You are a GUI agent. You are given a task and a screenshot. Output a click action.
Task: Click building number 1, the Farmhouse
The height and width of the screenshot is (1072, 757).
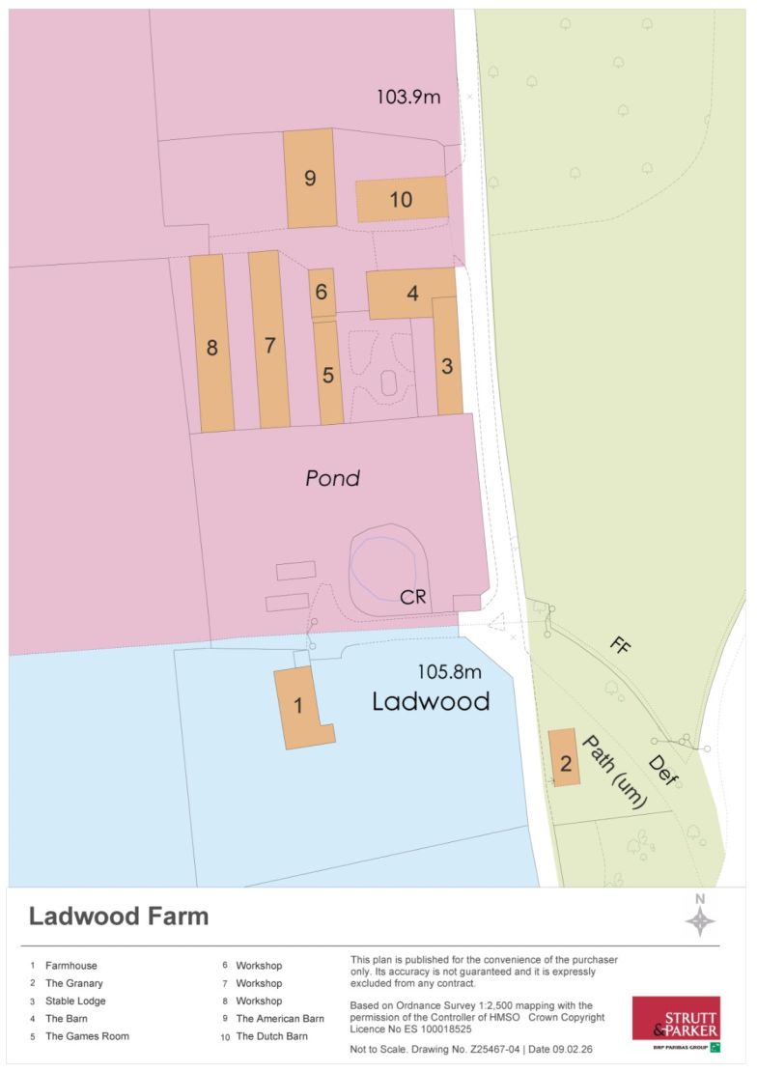pyautogui.click(x=299, y=707)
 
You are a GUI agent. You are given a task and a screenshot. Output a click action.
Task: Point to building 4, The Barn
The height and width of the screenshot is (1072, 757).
pyautogui.click(x=411, y=293)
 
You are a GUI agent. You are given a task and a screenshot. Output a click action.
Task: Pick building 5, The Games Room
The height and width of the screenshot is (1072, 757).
pyautogui.click(x=328, y=374)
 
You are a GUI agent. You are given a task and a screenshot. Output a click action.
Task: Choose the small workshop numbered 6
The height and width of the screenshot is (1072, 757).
pyautogui.click(x=322, y=292)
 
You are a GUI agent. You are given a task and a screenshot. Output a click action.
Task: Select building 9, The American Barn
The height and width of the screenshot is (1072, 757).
pyautogui.click(x=309, y=179)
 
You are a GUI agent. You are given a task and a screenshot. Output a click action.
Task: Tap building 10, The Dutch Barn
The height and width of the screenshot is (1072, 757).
pyautogui.click(x=402, y=199)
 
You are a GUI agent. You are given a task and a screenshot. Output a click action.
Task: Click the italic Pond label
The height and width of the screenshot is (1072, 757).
pyautogui.click(x=332, y=478)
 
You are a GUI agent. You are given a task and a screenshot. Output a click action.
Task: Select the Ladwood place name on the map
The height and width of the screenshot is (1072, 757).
pyautogui.click(x=431, y=701)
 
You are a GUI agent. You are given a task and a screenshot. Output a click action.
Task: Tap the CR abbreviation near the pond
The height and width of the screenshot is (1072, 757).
pyautogui.click(x=413, y=598)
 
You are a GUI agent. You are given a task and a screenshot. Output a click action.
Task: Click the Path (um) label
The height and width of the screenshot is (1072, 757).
pyautogui.click(x=614, y=771)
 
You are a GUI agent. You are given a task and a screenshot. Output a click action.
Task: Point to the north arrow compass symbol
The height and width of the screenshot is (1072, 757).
pyautogui.click(x=701, y=917)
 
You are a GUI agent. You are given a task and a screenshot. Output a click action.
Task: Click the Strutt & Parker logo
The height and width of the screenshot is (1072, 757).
pyautogui.click(x=676, y=1024)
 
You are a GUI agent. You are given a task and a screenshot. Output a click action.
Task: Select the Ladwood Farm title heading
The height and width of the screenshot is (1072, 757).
pyautogui.click(x=118, y=917)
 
